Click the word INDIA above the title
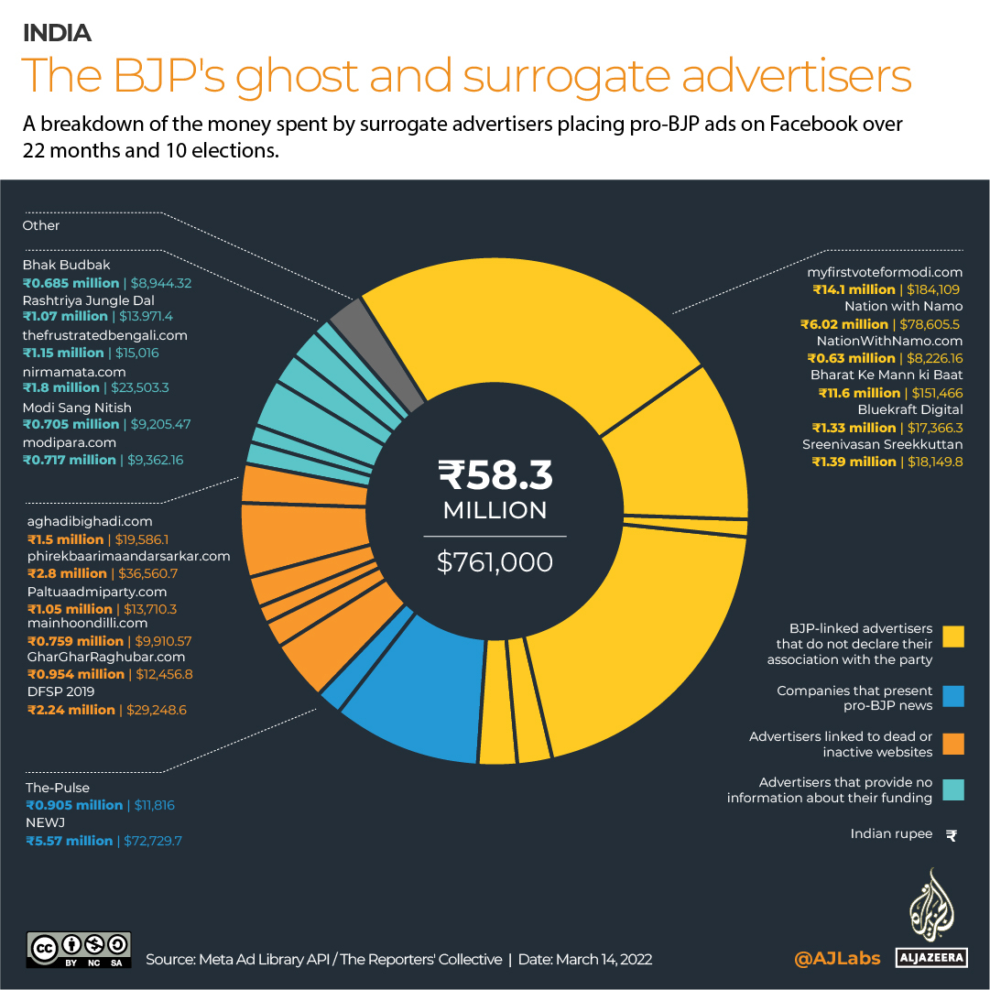point(57,33)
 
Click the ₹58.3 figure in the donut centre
point(495,474)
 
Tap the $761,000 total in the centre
point(495,561)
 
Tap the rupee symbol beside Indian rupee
point(952,834)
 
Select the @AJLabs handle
point(837,959)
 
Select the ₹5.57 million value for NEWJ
point(70,841)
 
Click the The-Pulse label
point(58,788)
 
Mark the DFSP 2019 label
point(61,691)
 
